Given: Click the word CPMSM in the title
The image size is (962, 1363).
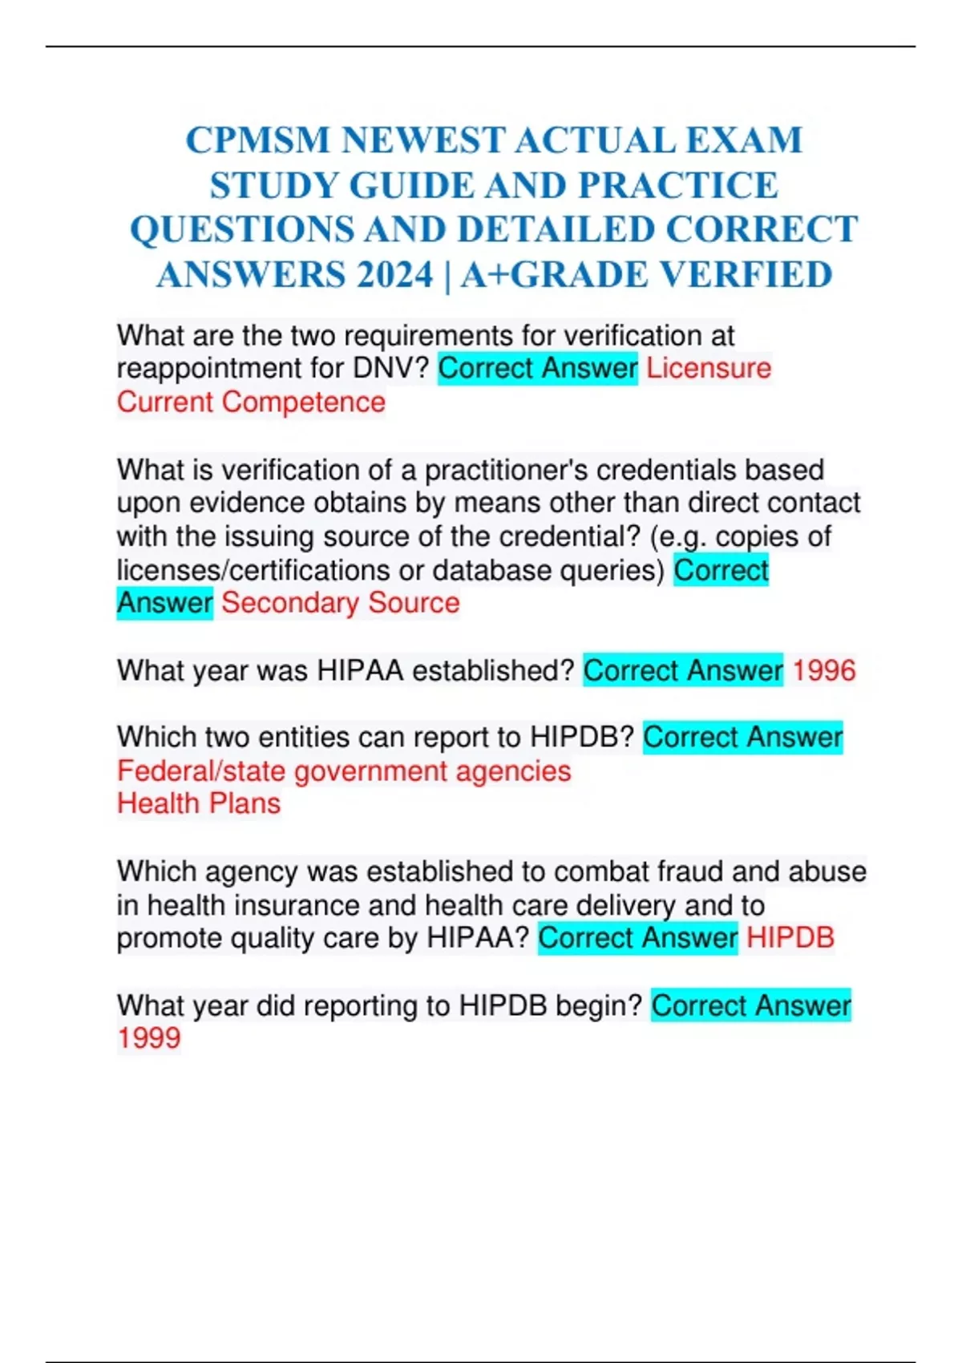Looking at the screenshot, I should pos(257,141).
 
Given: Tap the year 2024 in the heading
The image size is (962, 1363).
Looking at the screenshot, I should pos(395,276).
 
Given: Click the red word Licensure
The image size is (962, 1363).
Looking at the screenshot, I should pos(709,369).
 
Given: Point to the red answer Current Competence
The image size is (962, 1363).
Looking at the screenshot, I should pos(251,402).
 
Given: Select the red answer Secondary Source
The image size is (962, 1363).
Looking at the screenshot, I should pos(341,603).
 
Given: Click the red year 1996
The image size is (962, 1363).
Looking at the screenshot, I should pos(824,670).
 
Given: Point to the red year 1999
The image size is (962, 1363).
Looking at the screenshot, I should pos(149,1038).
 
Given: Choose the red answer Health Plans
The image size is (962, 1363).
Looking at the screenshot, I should pos(199,803).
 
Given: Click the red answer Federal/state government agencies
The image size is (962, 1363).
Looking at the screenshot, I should pos(344,771).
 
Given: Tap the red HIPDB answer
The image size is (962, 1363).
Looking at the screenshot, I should pos(790,938).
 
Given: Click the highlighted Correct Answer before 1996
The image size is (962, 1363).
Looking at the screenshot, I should pos(683,670).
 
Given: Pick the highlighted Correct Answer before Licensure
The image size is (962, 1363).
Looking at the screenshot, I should pos(538,369).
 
